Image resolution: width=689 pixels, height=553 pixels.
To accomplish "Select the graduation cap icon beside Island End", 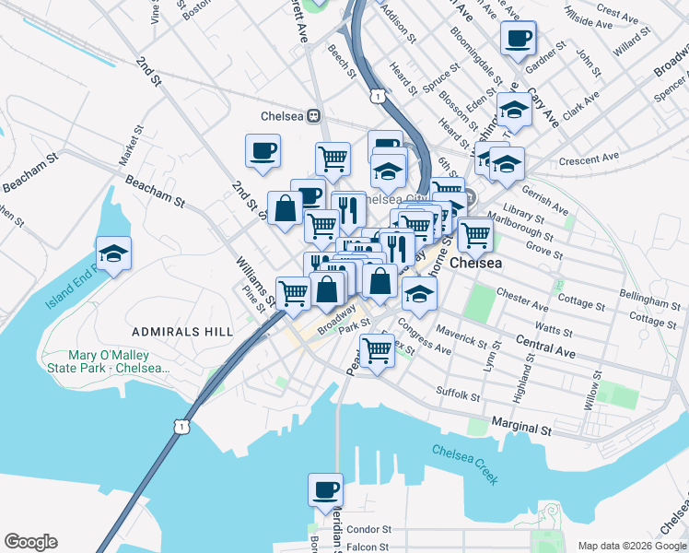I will [113, 253].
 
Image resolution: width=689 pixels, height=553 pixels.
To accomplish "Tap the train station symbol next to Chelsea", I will [313, 116].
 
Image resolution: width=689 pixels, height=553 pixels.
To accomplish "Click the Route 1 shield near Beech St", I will [377, 95].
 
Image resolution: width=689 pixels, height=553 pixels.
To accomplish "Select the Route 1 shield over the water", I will [183, 426].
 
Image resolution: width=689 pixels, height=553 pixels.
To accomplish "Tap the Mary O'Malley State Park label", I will [119, 361].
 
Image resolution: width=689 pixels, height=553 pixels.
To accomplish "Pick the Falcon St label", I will [368, 547].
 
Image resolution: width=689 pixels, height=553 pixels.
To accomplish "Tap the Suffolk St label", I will [459, 394].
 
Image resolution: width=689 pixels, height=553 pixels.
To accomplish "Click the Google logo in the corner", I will [30, 542].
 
